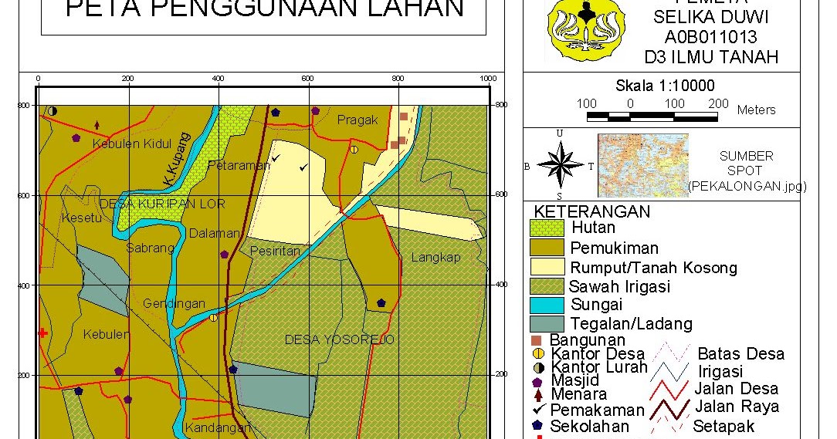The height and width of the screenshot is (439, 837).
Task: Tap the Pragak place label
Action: [x=358, y=120]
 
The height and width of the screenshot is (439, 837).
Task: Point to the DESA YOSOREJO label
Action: [x=339, y=339]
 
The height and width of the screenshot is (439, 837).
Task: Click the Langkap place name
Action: [x=435, y=258]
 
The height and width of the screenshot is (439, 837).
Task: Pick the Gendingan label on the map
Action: [x=174, y=304]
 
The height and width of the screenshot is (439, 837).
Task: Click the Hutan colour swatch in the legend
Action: [x=547, y=228]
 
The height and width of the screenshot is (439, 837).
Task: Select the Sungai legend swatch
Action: [x=547, y=305]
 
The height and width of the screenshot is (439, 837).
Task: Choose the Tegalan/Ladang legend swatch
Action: [x=547, y=323]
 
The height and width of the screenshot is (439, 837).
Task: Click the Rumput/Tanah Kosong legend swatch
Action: [x=547, y=267]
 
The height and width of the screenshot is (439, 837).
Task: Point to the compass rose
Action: [x=560, y=165]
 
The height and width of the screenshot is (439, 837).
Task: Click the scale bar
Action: [x=652, y=117]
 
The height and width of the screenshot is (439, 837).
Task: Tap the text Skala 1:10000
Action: [x=665, y=86]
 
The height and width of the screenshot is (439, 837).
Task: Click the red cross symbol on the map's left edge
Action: [x=42, y=333]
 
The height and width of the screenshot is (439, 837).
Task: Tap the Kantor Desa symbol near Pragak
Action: [x=354, y=149]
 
